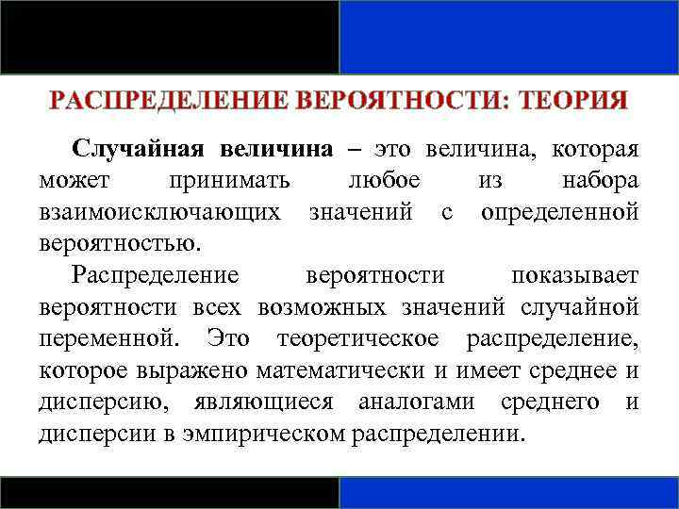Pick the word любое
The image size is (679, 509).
(x=384, y=179)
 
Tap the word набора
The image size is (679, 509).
(x=600, y=179)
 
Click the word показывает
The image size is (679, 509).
(x=574, y=274)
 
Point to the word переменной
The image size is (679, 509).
(x=113, y=337)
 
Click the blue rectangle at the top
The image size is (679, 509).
(x=508, y=36)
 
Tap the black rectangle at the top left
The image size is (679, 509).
(x=170, y=36)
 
